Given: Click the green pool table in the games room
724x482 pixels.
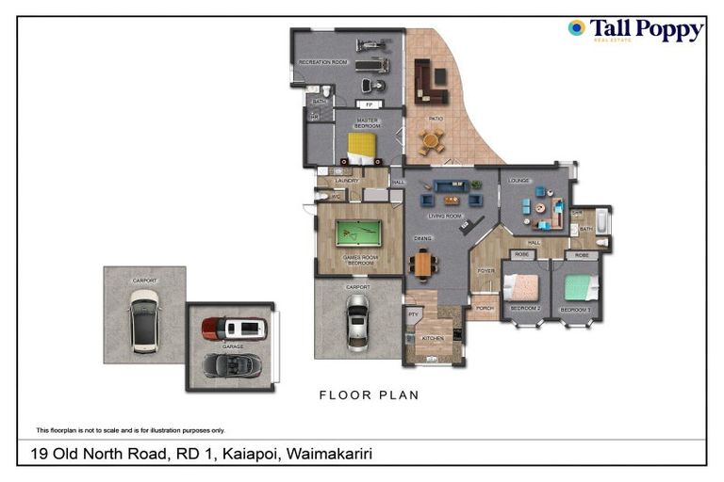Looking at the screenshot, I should tap(358, 233).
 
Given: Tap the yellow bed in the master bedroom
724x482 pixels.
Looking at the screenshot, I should tap(362, 146).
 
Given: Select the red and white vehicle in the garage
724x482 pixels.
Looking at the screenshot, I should tap(234, 328).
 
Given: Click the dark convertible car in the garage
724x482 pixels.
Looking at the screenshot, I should tap(228, 363).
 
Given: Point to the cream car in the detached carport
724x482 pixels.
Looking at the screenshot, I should tap(144, 320).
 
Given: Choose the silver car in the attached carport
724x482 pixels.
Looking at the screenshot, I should tap(357, 322).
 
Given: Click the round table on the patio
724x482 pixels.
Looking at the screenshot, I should tap(431, 141).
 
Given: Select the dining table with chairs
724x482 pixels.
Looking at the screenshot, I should tap(422, 263).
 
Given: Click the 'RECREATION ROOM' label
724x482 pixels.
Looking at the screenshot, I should tap(322, 62).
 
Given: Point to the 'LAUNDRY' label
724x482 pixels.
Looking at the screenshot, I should tap(346, 181).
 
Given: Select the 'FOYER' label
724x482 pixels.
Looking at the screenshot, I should tap(485, 271).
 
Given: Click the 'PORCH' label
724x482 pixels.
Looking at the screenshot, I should tap(485, 308).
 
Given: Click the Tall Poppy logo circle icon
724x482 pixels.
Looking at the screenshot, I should tap(576, 28).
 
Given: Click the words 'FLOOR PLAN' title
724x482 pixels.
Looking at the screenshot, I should tap(369, 395).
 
